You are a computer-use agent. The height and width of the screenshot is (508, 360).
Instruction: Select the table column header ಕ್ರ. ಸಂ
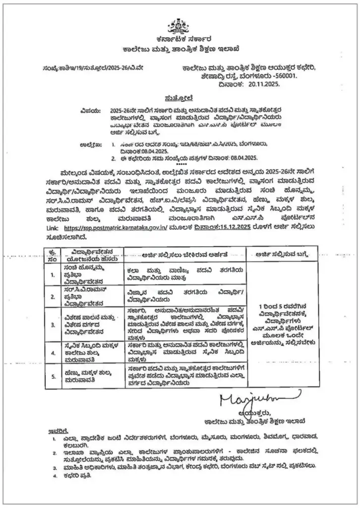[x=54, y=254]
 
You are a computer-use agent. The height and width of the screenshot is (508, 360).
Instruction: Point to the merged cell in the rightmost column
[x=284, y=320]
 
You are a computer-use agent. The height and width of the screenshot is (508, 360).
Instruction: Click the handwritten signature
[x=258, y=397]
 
